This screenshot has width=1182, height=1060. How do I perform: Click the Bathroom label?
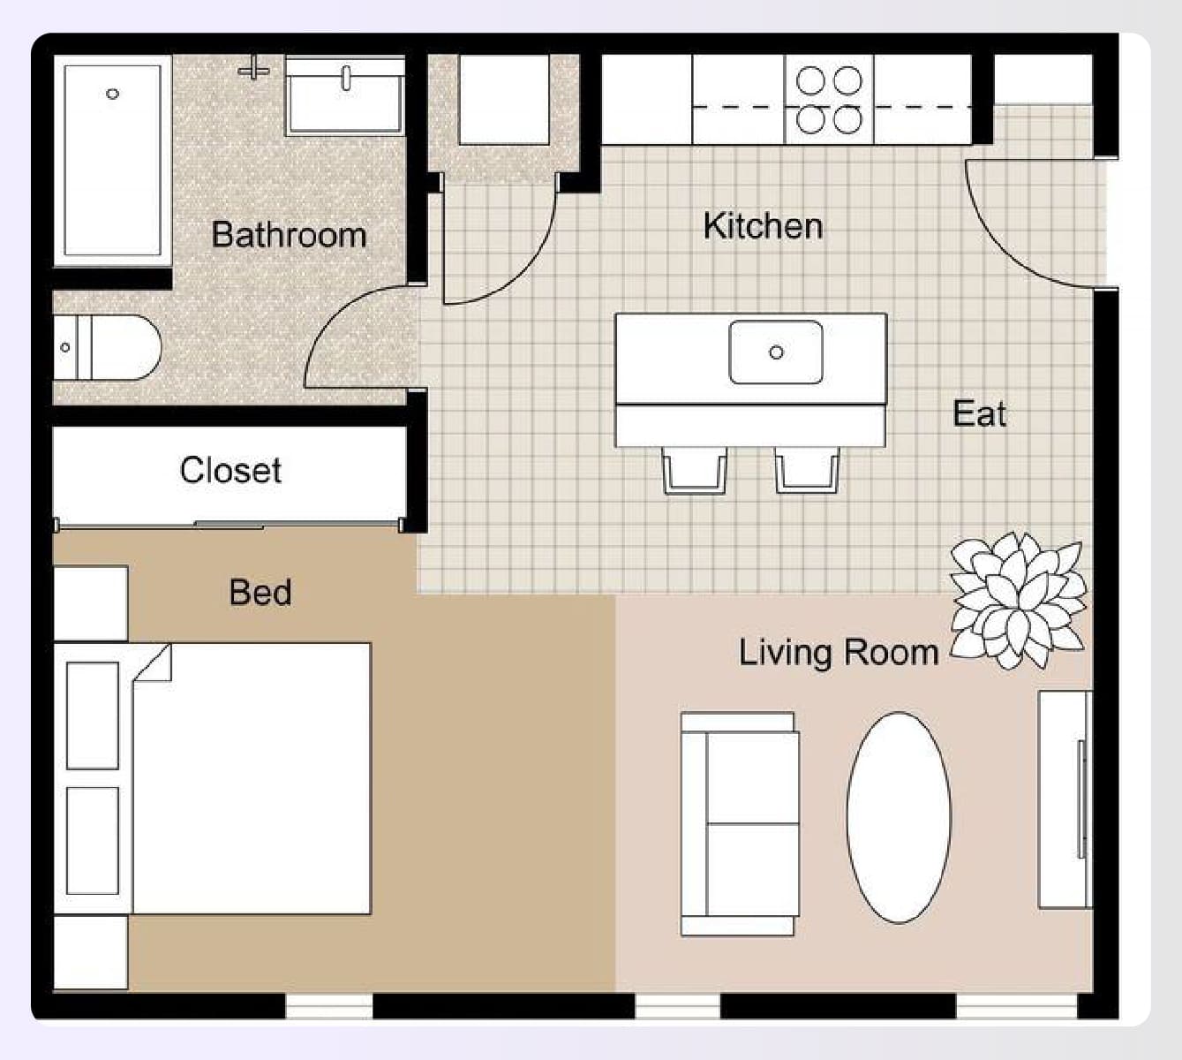pos(289,235)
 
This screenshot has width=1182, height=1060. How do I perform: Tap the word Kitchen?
pos(763,226)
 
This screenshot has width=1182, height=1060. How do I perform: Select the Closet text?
pos(230,470)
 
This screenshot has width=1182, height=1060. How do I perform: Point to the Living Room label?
pos(838,653)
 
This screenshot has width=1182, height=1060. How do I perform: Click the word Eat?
pos(979,413)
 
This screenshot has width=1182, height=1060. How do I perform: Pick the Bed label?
pos(260,592)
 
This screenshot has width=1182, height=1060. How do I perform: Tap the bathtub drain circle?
pos(112,94)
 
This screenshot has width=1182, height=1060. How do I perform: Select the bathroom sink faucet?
pos(346,76)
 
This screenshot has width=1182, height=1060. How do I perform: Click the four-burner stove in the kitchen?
pos(829,99)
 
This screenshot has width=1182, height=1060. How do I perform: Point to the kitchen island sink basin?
pos(776,352)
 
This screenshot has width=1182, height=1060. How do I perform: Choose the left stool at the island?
pos(695,470)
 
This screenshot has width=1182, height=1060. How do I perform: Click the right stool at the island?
pos(807,470)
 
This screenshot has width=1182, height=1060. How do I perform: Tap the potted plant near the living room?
pos(1018,600)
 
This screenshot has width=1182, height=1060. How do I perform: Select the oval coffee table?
pos(899,817)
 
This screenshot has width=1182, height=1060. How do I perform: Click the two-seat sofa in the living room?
pos(740,823)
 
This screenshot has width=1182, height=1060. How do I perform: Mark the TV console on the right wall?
pos(1065,799)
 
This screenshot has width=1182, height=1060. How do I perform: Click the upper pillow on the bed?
pos(93,715)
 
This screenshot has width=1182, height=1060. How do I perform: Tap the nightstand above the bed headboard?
pos(91,603)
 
